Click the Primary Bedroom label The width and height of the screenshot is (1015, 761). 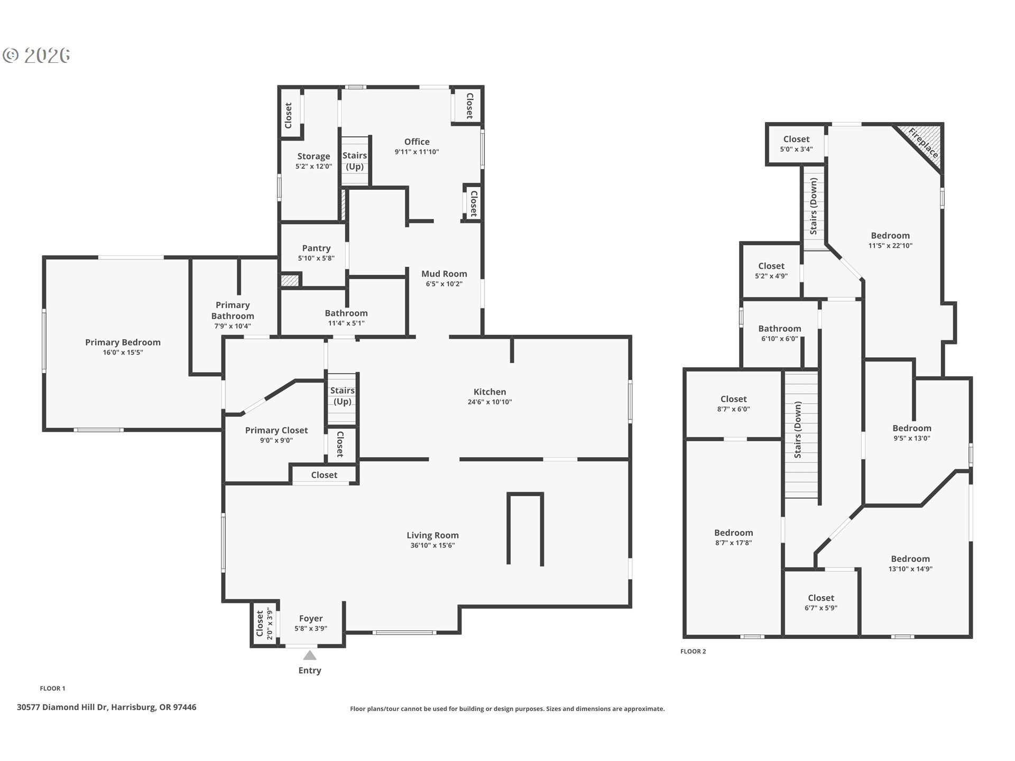pyautogui.click(x=123, y=342)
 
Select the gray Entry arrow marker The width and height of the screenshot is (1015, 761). pyautogui.click(x=310, y=655)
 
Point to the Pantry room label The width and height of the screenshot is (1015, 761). pyautogui.click(x=316, y=248)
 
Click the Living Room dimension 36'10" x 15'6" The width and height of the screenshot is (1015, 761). pyautogui.click(x=432, y=545)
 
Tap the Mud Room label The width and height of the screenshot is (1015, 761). pyautogui.click(x=444, y=274)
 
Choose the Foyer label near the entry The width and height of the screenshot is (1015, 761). pyautogui.click(x=311, y=618)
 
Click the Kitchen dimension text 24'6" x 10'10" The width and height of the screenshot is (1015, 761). pyautogui.click(x=490, y=402)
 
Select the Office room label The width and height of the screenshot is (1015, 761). pyautogui.click(x=417, y=142)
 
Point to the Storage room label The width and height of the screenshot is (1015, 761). pyautogui.click(x=313, y=156)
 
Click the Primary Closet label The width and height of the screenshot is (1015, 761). pyautogui.click(x=276, y=430)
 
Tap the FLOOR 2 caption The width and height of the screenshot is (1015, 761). pyautogui.click(x=693, y=651)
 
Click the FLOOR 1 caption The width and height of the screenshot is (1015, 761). pyautogui.click(x=52, y=688)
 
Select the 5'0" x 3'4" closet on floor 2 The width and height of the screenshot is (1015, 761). pyautogui.click(x=796, y=144)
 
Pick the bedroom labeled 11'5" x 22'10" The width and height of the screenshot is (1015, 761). pyautogui.click(x=890, y=240)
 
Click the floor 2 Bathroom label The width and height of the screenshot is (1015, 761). pyautogui.click(x=779, y=329)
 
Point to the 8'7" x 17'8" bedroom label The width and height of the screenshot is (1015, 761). pyautogui.click(x=733, y=537)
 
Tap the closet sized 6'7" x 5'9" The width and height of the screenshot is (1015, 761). pyautogui.click(x=820, y=602)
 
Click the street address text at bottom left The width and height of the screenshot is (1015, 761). pyautogui.click(x=106, y=707)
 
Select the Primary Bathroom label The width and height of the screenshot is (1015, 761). pyautogui.click(x=233, y=311)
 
